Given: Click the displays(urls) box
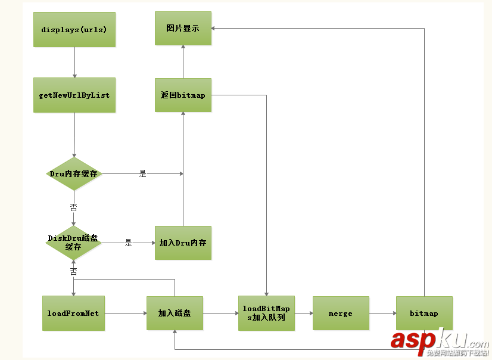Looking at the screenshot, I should [x=74, y=29].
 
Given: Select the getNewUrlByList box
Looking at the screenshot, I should [x=74, y=95].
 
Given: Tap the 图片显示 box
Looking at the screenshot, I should [x=183, y=28].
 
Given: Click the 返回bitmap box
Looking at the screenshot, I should [x=183, y=95].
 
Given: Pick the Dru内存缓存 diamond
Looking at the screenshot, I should [x=74, y=174].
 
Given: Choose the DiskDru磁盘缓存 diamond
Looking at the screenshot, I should [x=73, y=243].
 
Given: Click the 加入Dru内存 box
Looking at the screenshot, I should [x=183, y=243].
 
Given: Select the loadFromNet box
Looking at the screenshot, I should [x=74, y=313].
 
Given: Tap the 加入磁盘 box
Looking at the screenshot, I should [x=175, y=313].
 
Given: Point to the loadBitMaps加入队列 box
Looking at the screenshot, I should [x=266, y=313].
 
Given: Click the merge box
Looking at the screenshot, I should [x=340, y=313].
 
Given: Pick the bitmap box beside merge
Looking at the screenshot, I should [x=424, y=313].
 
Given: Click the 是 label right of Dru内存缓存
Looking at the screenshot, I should [x=142, y=174].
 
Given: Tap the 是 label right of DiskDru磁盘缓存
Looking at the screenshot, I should [x=128, y=243].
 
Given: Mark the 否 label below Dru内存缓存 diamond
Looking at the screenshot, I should [x=74, y=207].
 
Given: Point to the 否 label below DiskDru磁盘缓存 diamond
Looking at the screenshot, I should [x=73, y=271].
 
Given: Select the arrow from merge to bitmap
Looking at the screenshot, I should [x=382, y=313].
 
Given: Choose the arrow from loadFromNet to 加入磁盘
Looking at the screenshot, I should [x=126, y=313].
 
